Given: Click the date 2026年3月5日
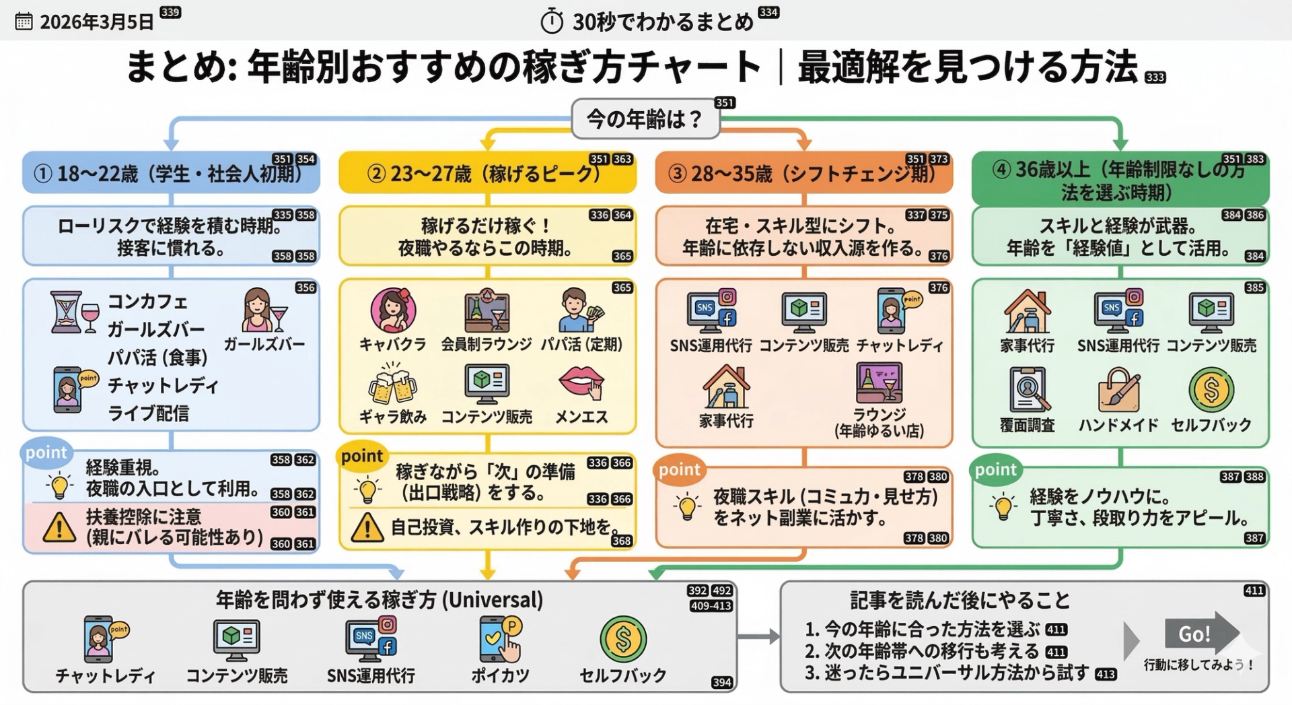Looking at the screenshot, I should [96, 22].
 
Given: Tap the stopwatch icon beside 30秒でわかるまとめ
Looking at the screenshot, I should [552, 22].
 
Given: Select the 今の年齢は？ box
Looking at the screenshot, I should [645, 120].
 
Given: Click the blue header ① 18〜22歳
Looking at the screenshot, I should [171, 174].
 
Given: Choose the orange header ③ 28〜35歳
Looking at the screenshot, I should [803, 174].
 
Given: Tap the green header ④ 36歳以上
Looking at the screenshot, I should [1120, 180].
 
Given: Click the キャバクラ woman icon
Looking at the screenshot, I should [393, 310].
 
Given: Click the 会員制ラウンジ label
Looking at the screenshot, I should [487, 344].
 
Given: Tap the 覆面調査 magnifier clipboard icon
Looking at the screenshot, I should [1028, 389].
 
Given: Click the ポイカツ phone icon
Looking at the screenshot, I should [500, 638].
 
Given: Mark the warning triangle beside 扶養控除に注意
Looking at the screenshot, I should [59, 527].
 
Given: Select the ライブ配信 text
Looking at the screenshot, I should [148, 413].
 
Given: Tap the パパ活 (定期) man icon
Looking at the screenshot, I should [580, 310].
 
